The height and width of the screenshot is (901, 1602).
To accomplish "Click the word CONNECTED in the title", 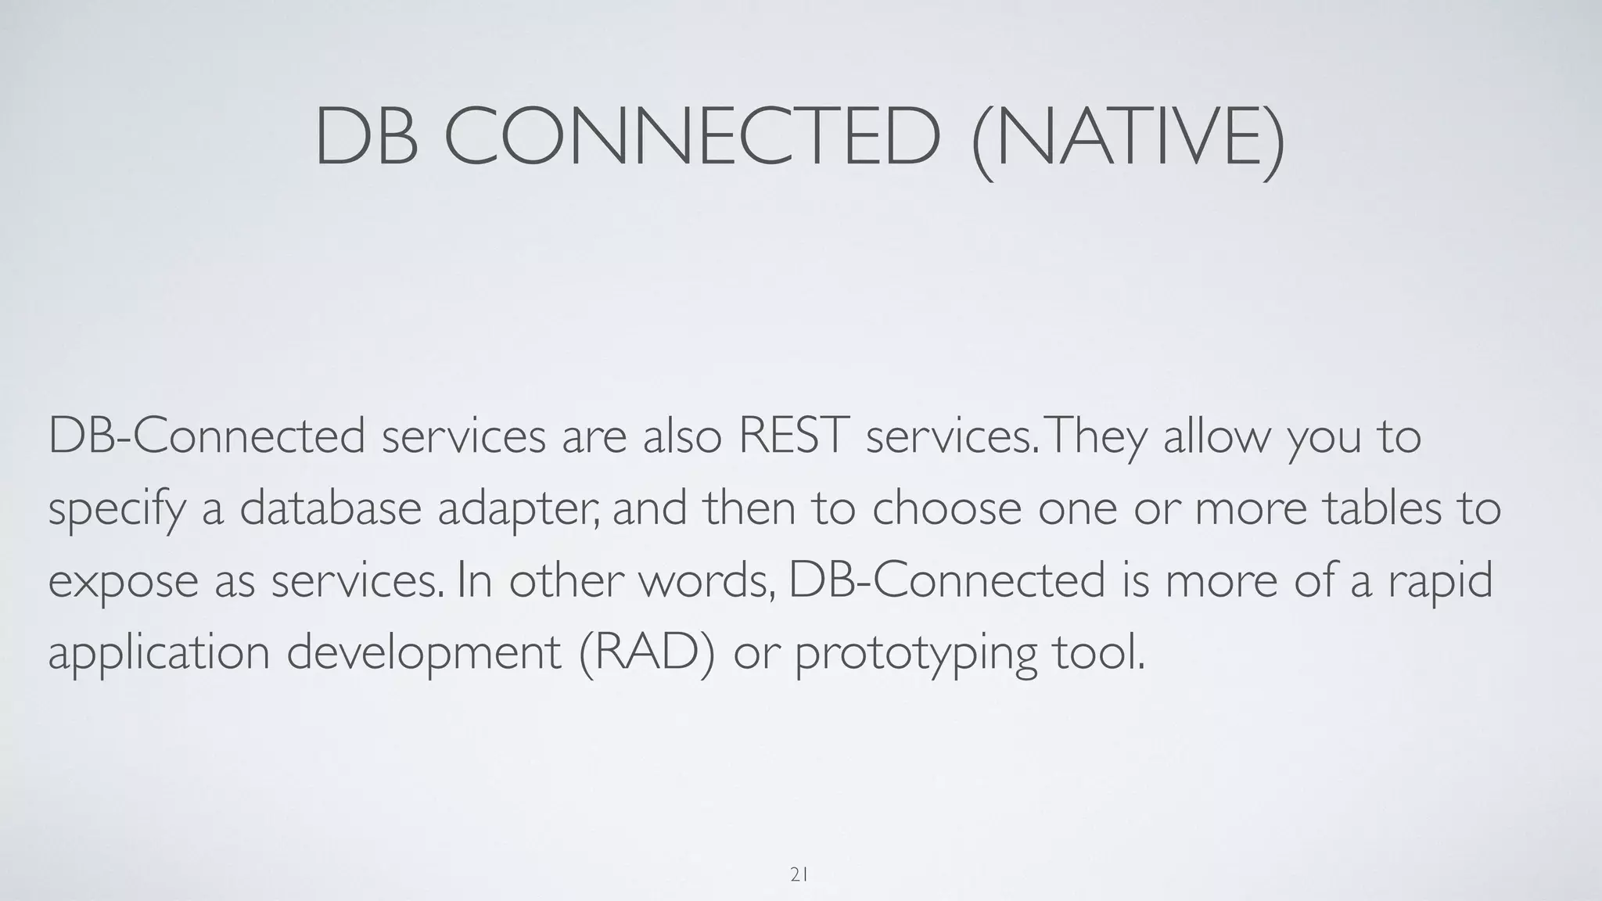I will pos(692,137).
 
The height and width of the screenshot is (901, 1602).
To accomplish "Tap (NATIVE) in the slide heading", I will pos(1128,138).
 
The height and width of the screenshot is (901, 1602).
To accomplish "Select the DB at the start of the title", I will pos(365,137).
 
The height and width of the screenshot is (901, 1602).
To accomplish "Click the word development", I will pos(423,654).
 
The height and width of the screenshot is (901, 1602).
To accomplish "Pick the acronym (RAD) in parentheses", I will pos(647,652).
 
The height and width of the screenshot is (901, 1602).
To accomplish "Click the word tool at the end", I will pos(1099,652).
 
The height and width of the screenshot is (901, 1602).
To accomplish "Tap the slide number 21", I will pos(799,875).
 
